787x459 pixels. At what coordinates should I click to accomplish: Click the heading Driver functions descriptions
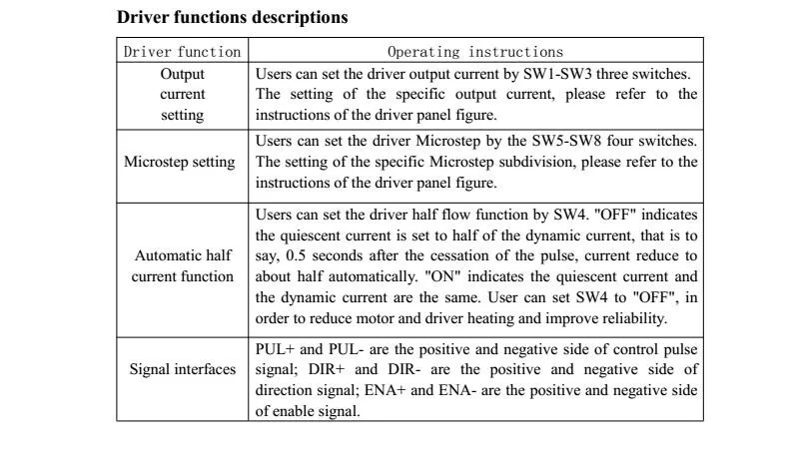232,18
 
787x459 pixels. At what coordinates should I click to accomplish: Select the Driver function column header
182,52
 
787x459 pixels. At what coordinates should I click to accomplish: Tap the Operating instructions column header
475,52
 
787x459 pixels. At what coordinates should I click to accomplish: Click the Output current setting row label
182,95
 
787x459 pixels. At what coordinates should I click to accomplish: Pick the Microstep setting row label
180,162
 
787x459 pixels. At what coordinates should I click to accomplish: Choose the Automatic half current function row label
183,265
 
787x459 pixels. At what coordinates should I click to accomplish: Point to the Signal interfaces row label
183,369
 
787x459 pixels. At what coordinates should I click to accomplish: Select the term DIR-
404,370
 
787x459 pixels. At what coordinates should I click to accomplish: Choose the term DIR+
327,370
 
